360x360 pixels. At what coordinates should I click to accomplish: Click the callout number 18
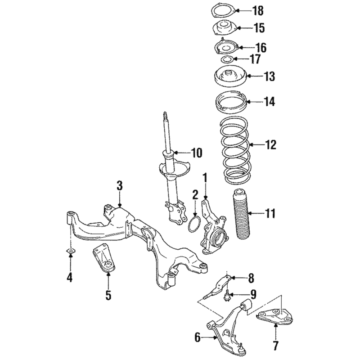click(x=258, y=11)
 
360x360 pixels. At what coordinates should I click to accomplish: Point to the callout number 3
click(x=120, y=185)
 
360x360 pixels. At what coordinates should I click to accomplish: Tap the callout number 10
click(x=197, y=153)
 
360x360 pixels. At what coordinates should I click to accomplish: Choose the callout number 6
click(x=198, y=338)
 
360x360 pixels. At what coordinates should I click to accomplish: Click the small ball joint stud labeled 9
click(x=227, y=295)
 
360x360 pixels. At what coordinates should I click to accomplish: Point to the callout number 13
click(x=269, y=76)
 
